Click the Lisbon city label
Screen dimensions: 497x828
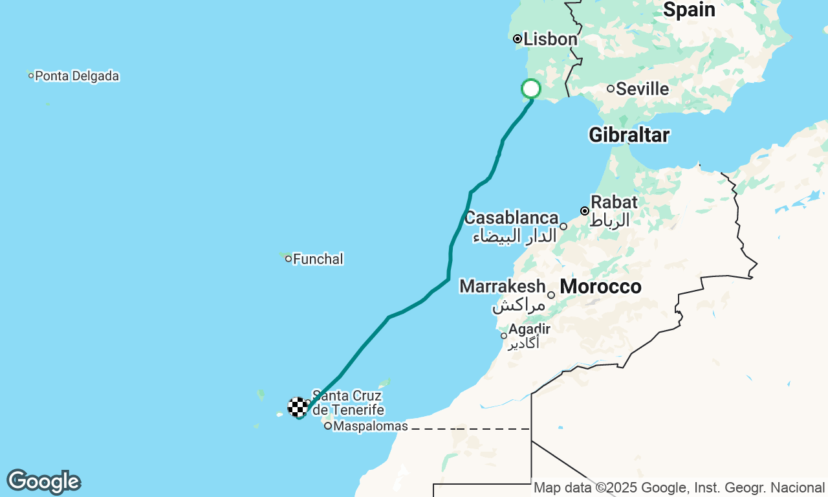click(x=550, y=39)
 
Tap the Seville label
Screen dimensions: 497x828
click(x=642, y=89)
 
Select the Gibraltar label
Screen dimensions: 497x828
click(x=629, y=135)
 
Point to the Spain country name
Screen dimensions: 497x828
click(x=689, y=10)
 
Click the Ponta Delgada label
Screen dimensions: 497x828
click(x=77, y=76)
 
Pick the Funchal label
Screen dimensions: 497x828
click(x=318, y=260)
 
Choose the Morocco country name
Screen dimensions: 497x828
click(x=600, y=287)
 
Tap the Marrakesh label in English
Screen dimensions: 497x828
click(x=502, y=286)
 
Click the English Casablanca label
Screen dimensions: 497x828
click(x=511, y=218)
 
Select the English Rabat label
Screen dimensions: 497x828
click(x=614, y=202)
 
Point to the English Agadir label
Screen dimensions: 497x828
click(x=529, y=329)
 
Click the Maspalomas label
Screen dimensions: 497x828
click(x=371, y=426)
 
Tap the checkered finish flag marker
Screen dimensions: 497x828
click(x=298, y=407)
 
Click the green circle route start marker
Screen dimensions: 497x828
click(x=531, y=89)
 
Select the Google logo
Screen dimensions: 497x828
click(x=43, y=481)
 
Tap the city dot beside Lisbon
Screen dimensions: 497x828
click(x=517, y=39)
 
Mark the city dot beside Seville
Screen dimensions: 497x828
click(x=610, y=89)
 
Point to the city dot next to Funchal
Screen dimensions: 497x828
click(x=289, y=259)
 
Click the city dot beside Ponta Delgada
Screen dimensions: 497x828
click(x=30, y=76)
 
